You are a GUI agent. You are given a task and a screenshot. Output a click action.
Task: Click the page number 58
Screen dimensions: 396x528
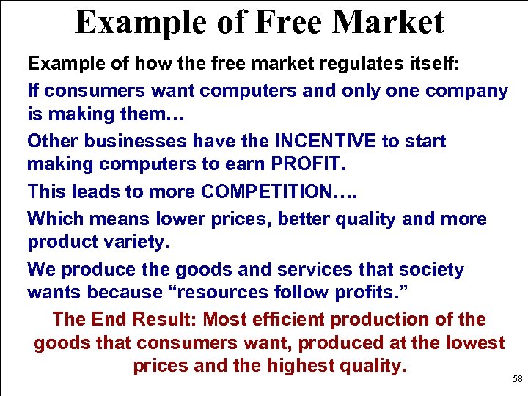click(x=518, y=379)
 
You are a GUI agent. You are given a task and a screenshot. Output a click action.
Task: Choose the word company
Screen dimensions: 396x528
click(x=466, y=91)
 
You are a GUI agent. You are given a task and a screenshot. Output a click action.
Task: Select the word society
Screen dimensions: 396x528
click(x=433, y=270)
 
